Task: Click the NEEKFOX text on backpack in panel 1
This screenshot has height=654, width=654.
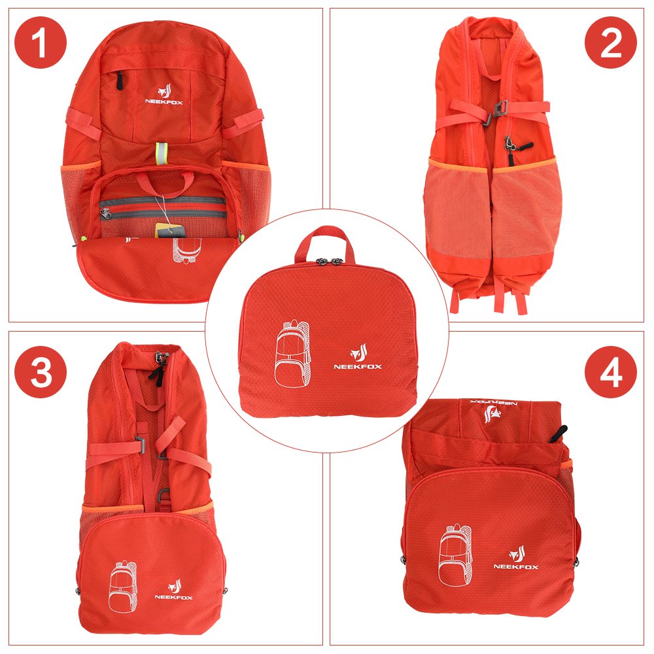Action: click(163, 101)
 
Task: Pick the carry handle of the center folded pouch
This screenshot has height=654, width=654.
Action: click(327, 239)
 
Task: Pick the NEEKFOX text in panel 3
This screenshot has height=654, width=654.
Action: click(173, 596)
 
